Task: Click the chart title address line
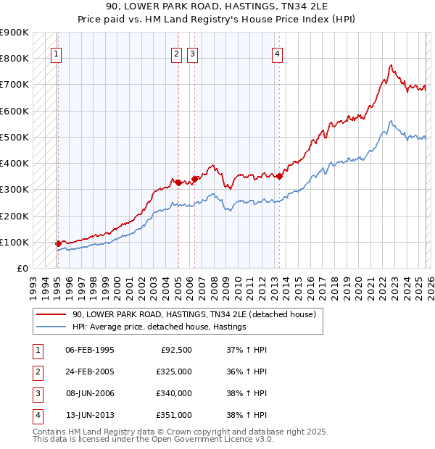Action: [217, 7]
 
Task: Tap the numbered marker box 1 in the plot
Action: [57, 53]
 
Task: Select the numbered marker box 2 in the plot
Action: [177, 53]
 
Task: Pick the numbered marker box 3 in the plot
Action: [192, 53]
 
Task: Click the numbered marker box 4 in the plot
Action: [278, 53]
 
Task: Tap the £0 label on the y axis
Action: [22, 269]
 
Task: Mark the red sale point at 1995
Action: [58, 244]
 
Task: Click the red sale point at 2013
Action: [279, 175]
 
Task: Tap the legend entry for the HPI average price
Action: [159, 327]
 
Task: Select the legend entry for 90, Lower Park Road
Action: [194, 315]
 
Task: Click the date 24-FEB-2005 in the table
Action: [89, 372]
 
